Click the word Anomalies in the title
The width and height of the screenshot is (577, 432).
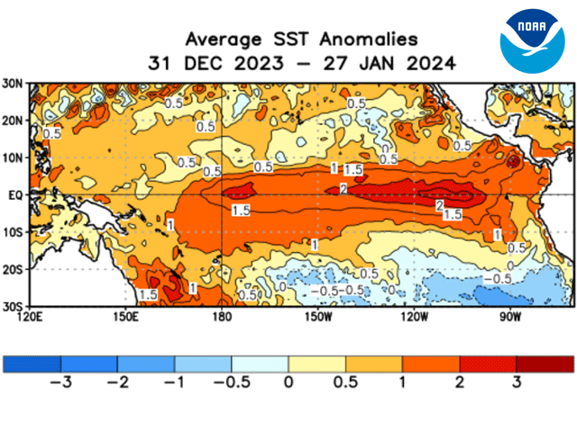click(x=371, y=40)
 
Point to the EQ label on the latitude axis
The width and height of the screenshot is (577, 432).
click(x=16, y=193)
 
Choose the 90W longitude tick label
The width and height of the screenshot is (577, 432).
click(x=510, y=317)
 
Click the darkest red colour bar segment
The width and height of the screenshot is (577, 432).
click(x=545, y=363)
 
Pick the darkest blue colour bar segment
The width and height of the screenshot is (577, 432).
click(x=32, y=363)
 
